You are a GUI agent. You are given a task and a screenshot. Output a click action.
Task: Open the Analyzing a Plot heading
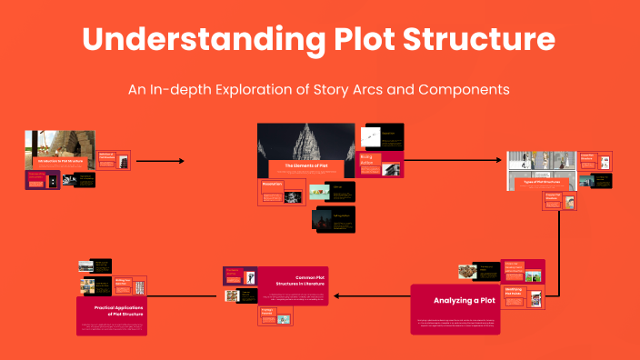point(464,300)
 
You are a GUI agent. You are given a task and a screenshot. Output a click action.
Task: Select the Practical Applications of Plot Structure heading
point(112,310)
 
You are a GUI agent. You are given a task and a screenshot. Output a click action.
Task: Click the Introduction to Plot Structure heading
point(60,161)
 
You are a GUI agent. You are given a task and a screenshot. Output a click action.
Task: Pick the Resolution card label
point(274,185)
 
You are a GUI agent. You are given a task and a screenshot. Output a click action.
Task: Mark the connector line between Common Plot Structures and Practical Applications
point(185,295)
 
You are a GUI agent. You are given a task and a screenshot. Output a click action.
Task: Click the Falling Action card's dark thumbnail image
point(322,219)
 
